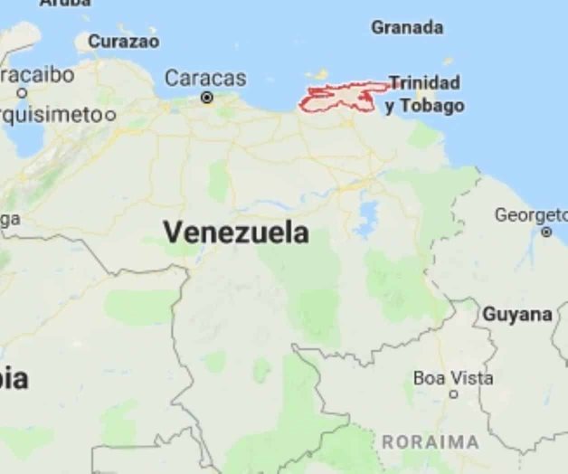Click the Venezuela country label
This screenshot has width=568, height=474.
[x=236, y=232]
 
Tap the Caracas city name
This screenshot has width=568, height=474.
[x=205, y=78]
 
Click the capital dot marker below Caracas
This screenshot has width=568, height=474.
[x=207, y=97]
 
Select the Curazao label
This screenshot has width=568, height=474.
[x=123, y=42]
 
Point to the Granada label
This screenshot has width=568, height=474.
[x=407, y=28]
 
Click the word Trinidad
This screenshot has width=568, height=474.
[x=425, y=83]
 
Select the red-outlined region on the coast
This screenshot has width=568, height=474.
[x=339, y=99]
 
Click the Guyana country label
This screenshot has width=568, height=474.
[x=516, y=315]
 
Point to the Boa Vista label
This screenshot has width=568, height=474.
[x=453, y=377]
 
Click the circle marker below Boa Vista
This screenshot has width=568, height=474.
[x=453, y=394]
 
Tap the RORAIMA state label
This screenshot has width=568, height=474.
[x=431, y=442]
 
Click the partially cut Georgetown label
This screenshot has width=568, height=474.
[x=531, y=214]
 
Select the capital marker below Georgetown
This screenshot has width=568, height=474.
[x=546, y=232]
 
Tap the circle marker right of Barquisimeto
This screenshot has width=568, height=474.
[x=110, y=115]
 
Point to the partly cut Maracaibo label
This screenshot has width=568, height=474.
[x=38, y=75]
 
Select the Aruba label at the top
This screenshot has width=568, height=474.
[x=65, y=4]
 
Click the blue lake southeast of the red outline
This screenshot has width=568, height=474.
[x=368, y=217]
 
